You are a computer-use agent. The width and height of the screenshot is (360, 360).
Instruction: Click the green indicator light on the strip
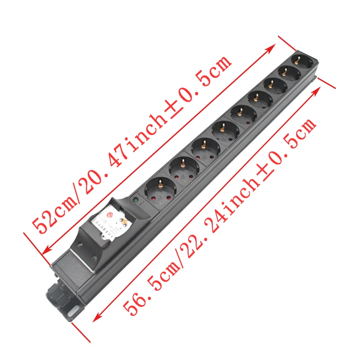pyautogui.click(x=134, y=198)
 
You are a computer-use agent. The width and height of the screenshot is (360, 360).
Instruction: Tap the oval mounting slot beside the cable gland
pyautogui.click(x=73, y=311)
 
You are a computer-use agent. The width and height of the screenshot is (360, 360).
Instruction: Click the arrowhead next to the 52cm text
pyautogui.click(x=47, y=249)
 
